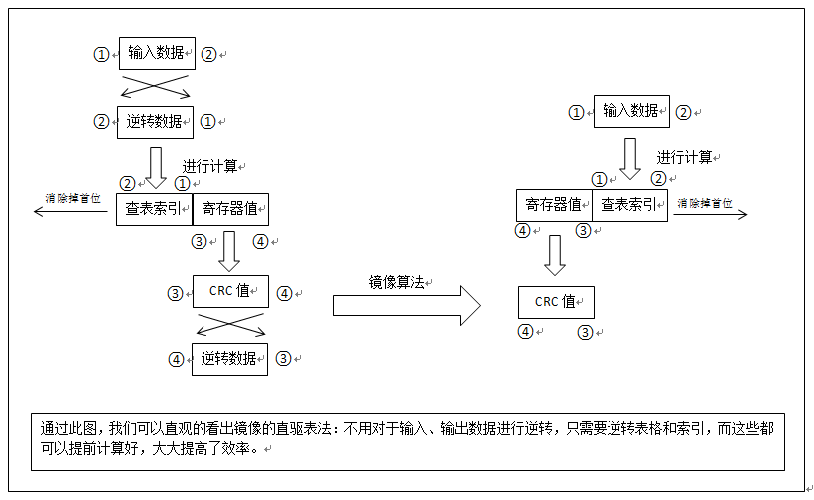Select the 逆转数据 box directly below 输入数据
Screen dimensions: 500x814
coord(155,121)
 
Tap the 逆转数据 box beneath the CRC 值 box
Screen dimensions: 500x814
coord(229,359)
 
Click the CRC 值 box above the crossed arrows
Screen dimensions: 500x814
coord(229,293)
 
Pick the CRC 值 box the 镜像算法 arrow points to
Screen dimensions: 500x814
coord(556,302)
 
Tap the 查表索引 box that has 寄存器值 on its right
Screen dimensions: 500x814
coord(154,209)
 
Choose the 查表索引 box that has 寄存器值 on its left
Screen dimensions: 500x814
coord(630,205)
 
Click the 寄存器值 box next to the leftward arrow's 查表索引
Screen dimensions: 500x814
coord(230,209)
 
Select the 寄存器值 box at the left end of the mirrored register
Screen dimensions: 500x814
coord(554,205)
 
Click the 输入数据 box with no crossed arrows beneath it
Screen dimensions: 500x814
coord(630,111)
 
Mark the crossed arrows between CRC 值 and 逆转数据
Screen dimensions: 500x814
coord(230,326)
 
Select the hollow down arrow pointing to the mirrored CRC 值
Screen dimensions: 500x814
coord(555,255)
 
